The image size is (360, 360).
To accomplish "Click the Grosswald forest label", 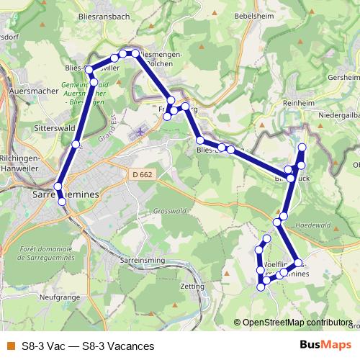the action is pyautogui.click(x=170, y=211).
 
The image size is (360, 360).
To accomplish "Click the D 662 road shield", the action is pyautogui.click(x=143, y=174).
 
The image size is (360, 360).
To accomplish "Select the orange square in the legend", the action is pyautogui.click(x=10, y=346).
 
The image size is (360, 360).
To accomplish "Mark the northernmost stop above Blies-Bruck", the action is pyautogui.click(x=302, y=148).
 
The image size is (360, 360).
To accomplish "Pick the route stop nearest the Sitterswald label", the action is pyautogui.click(x=76, y=145).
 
